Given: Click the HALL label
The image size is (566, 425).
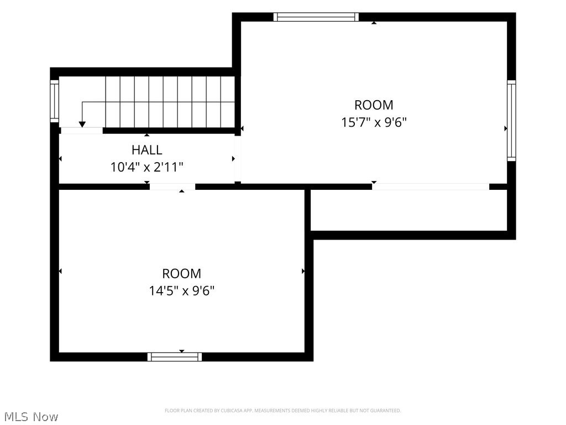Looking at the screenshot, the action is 146,149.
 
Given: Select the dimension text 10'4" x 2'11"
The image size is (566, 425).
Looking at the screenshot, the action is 146,167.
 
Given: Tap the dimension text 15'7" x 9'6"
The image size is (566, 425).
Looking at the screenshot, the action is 374,122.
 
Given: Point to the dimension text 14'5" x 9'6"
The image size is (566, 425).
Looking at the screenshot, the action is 181,291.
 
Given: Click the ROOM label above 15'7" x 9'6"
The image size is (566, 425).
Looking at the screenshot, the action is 374,105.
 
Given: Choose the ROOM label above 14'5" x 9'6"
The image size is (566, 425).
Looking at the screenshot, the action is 181,273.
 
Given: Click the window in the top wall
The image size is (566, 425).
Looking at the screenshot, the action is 316,17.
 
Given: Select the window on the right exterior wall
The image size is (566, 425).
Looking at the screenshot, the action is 511,120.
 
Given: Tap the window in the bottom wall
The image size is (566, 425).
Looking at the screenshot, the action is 175,357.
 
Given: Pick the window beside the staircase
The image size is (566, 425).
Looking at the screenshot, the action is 54,101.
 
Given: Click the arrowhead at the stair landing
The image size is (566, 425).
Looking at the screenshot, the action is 82,125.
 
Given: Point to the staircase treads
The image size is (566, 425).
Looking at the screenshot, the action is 170,102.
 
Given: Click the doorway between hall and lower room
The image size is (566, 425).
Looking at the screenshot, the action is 172,187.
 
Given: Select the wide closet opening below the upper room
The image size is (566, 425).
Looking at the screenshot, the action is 431,187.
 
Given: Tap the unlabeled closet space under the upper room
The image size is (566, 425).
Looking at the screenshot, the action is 409,210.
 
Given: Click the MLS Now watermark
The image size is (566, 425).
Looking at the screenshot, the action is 31,417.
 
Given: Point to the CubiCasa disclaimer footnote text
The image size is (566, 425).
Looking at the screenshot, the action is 282,411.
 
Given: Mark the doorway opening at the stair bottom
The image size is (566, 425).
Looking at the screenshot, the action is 82,131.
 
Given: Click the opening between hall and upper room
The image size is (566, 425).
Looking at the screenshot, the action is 238,159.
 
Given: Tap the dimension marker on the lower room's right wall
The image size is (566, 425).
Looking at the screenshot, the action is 303,271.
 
